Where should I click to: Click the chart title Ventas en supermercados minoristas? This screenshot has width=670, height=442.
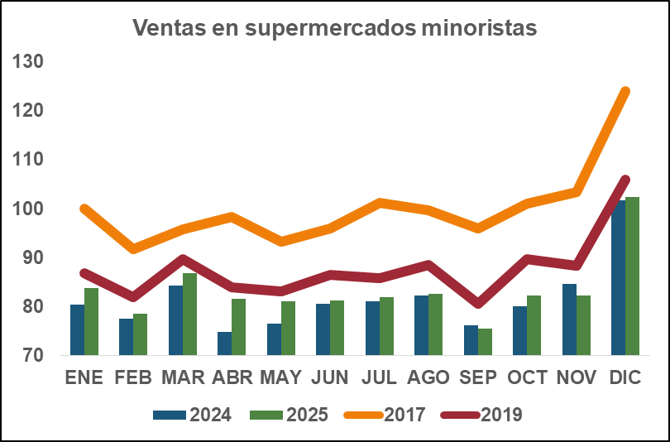tap(335, 28)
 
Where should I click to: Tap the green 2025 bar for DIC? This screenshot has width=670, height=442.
tap(632, 276)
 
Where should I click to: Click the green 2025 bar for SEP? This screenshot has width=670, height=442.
tap(485, 342)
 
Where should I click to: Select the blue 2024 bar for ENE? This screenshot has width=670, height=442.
tap(77, 330)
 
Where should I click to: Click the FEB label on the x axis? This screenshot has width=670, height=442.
tap(132, 378)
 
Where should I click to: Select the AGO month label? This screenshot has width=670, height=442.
tap(428, 378)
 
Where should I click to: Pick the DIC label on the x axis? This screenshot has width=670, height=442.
tap(625, 378)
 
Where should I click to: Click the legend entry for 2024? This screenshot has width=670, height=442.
tap(193, 415)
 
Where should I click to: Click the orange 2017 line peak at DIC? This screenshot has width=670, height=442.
tap(625, 91)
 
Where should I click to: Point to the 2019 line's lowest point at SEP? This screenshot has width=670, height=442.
tap(478, 303)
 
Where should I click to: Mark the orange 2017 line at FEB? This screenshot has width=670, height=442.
tap(133, 248)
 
